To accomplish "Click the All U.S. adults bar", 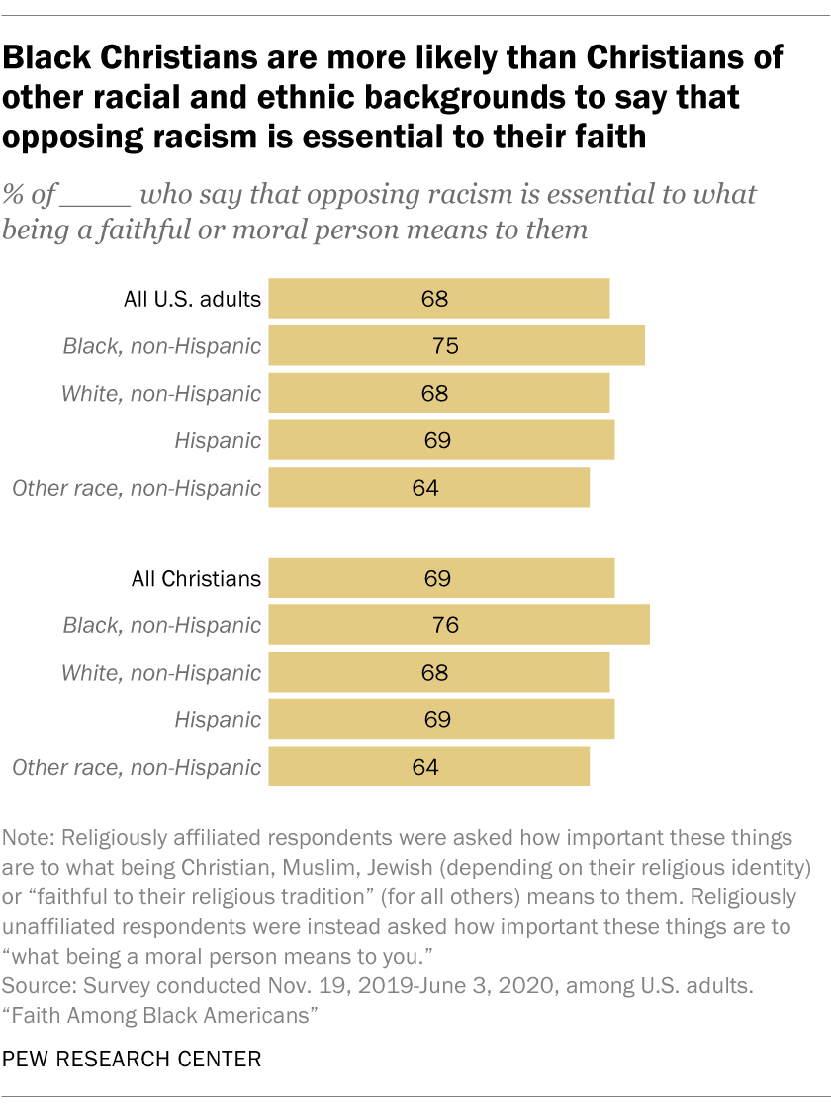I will pyautogui.click(x=439, y=299).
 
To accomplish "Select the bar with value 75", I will pyautogui.click(x=456, y=346).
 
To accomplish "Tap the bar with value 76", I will pyautogui.click(x=459, y=625).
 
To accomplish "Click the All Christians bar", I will pyautogui.click(x=441, y=579).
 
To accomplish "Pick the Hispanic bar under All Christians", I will pyautogui.click(x=441, y=719).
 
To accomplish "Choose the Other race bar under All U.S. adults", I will pyautogui.click(x=429, y=488).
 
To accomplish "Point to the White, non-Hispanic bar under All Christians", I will pyautogui.click(x=439, y=673).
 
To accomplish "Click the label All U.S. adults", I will pyautogui.click(x=192, y=300).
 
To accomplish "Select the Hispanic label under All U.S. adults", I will pyautogui.click(x=218, y=441).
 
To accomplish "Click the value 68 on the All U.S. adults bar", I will pyautogui.click(x=435, y=299).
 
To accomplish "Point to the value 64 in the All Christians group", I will pyautogui.click(x=424, y=767).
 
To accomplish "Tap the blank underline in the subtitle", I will pyautogui.click(x=95, y=195).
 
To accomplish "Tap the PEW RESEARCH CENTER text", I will pyautogui.click(x=133, y=1060).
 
